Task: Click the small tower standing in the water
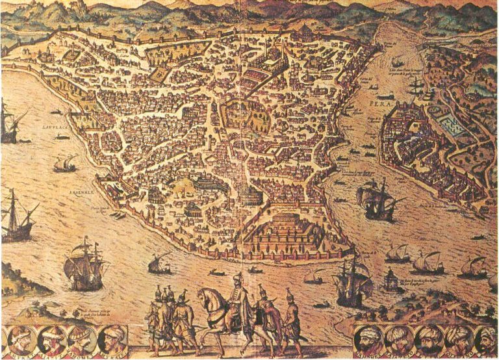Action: pyautogui.click(x=392, y=280)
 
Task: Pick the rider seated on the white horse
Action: pyautogui.click(x=237, y=296)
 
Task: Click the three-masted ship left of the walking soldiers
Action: pyautogui.click(x=84, y=263)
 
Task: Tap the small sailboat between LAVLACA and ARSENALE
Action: pyautogui.click(x=64, y=164)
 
